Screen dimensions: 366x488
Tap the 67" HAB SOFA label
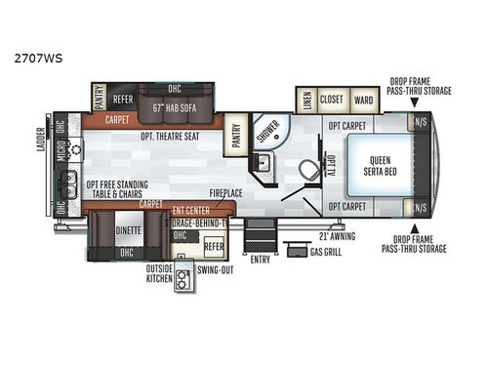174,107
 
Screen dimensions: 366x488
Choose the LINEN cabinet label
305,99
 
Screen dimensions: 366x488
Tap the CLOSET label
333,99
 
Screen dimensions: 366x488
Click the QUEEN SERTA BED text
377,167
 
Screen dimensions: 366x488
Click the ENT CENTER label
191,209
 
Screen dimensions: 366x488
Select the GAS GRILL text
327,253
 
